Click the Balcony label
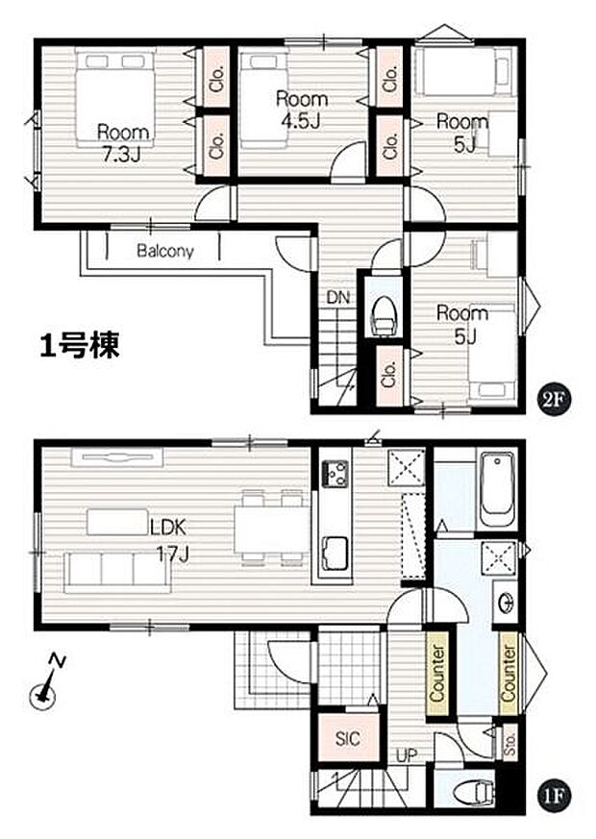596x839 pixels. point(164,252)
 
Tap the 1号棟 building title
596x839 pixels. point(80,347)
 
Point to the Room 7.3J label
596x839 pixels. point(121,141)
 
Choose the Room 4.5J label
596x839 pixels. point(301,109)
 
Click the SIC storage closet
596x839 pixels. point(348,738)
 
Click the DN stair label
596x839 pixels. point(336,298)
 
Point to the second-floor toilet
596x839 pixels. point(385,313)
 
